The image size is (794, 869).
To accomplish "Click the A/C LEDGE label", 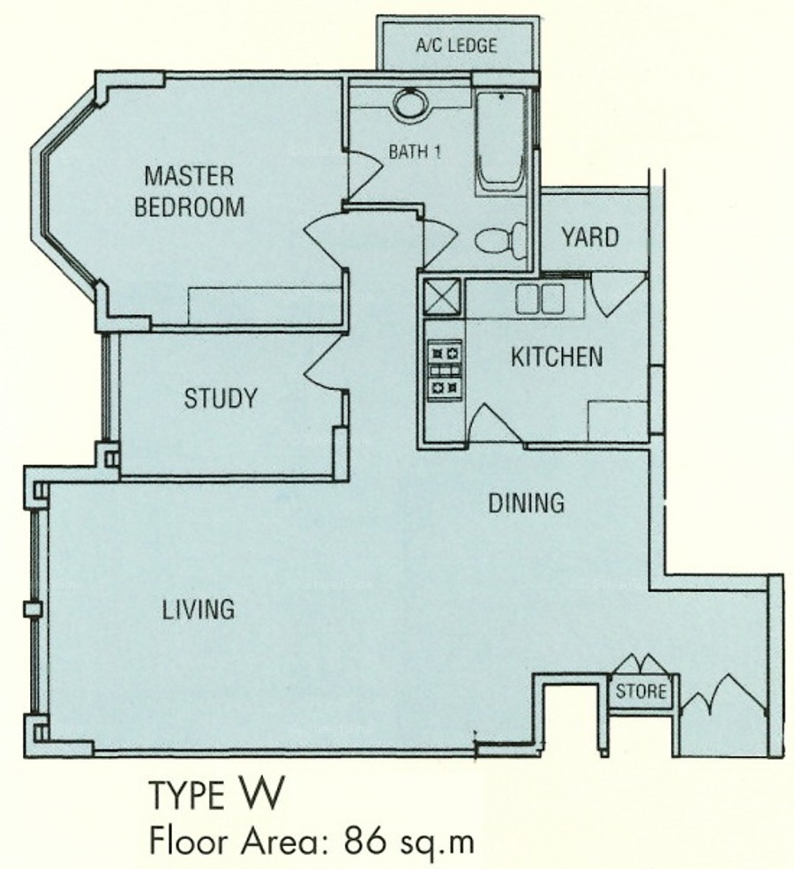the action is (456, 45).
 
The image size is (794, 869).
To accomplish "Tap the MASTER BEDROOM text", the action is (189, 191).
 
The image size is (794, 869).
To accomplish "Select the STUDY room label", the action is (221, 399).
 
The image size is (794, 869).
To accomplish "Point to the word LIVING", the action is (198, 609).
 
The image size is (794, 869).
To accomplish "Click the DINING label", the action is (527, 503).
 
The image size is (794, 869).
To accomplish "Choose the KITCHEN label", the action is (557, 356).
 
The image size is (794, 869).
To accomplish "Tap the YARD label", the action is (590, 237).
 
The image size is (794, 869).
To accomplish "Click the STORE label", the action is (640, 691).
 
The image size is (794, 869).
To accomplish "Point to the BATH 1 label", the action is (415, 151).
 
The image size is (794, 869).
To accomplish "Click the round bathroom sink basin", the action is (410, 103).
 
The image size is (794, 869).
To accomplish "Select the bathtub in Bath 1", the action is (500, 144).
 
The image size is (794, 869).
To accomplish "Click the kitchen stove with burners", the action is (445, 370).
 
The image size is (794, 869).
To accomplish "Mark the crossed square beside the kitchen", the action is (442, 297).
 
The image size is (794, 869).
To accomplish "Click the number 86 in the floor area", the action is (364, 842).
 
